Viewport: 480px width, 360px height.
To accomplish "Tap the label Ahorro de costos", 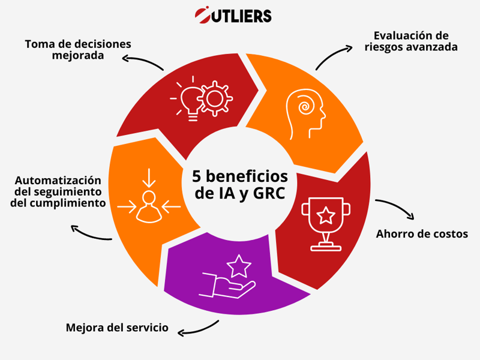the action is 422,234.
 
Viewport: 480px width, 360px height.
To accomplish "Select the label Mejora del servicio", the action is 117,328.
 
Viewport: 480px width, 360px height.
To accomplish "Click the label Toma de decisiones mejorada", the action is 78,50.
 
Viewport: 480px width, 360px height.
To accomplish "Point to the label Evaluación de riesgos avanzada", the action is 411,41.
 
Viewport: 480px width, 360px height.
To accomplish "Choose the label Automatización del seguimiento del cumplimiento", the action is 58,191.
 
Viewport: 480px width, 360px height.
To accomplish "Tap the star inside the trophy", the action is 326,215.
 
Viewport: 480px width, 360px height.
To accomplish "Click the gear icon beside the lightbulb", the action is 215,98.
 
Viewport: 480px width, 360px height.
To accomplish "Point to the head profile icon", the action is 305,114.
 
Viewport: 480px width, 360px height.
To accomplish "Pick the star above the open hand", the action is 239,266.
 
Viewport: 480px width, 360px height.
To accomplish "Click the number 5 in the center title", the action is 196,176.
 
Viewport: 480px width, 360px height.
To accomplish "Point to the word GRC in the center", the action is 269,193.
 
